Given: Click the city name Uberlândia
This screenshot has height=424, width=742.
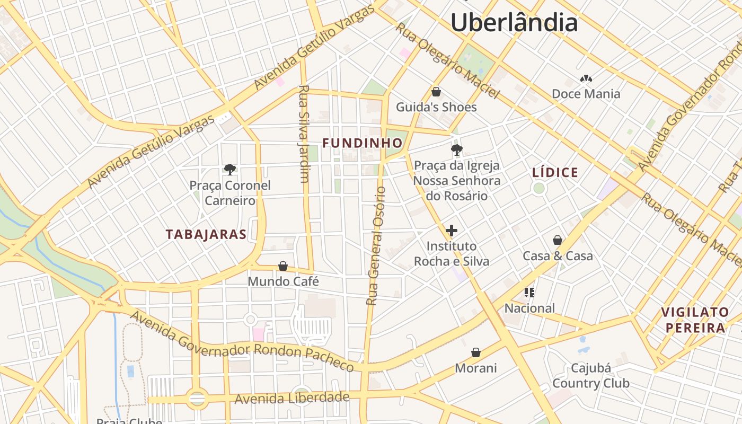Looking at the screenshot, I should click(514, 23).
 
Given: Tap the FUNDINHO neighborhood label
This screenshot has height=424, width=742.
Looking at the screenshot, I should click(363, 143).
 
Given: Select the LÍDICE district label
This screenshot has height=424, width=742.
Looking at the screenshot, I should click(555, 173).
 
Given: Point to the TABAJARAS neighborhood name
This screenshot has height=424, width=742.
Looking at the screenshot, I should click(206, 234).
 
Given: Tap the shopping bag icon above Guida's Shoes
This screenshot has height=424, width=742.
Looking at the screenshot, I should click(436, 92).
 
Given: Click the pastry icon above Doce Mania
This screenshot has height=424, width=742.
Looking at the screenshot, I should click(586, 79).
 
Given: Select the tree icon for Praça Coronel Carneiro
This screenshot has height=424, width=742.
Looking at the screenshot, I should click(230, 170).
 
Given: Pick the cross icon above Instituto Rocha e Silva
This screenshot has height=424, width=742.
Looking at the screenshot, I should click(452, 231).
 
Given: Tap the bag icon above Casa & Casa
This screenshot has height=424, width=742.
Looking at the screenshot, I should click(558, 240).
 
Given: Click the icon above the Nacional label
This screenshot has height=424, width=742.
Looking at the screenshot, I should click(529, 292).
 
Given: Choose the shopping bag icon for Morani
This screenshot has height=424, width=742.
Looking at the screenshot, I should click(476, 352).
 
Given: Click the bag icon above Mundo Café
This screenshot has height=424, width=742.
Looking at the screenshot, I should click(283, 266).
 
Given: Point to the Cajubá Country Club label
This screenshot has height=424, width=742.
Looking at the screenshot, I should click(591, 376).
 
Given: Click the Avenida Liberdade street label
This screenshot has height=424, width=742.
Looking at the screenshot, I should click(292, 397).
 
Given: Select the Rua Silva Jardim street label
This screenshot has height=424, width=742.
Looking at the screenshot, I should click(304, 134).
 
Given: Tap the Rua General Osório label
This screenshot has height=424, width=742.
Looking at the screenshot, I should click(376, 245).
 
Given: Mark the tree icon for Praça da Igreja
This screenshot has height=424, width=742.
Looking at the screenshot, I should click(456, 150).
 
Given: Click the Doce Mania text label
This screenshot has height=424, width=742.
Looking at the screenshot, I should click(586, 94).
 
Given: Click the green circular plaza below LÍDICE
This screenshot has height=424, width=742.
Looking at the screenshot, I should click(539, 188).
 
